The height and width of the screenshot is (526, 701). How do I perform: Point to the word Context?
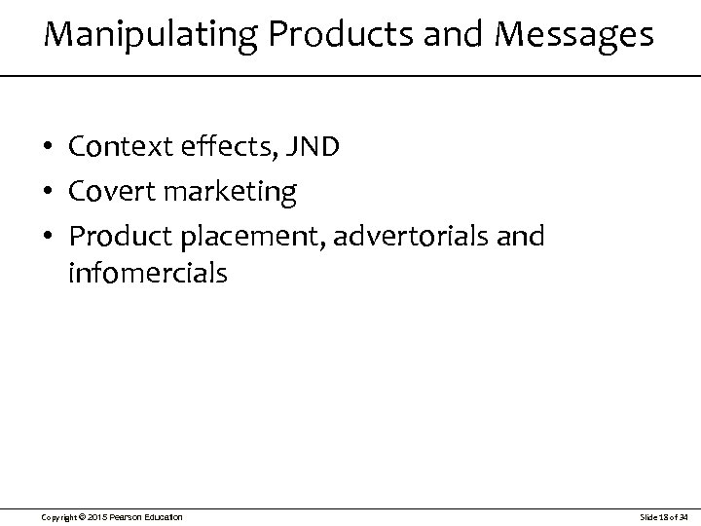pos(121,147)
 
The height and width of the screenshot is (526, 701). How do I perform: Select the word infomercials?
pos(148,274)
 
